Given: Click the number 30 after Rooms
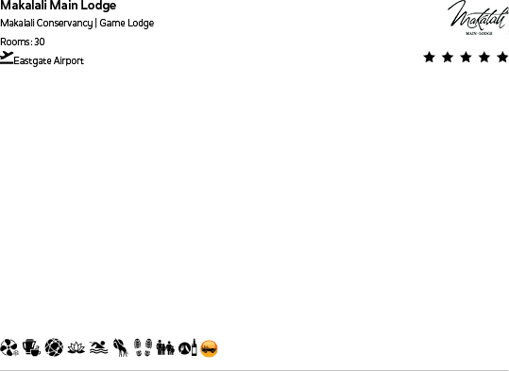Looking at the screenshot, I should point(40,42).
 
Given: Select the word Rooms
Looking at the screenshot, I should point(15,42).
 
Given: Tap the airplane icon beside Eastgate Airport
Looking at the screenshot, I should point(8,58).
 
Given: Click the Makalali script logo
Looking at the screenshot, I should point(477,17).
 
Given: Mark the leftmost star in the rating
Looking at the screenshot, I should point(430,58).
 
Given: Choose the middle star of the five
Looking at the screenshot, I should point(466,58).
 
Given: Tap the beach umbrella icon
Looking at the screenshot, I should point(9,348).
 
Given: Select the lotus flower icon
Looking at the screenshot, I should point(76,348).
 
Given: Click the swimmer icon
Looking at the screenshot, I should point(98,348).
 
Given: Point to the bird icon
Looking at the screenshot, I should point(121,348).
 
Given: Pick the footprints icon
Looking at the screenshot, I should point(143,348).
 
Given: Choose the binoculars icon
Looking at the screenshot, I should point(165,348).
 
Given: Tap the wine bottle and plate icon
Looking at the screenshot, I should point(187,348).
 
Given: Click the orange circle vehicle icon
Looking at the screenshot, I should point(209,349).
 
